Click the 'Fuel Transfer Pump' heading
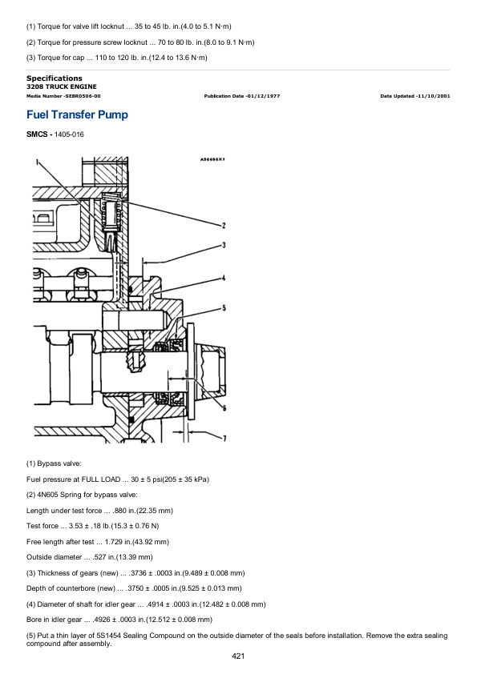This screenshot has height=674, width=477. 78,114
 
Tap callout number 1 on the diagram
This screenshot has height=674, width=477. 38,162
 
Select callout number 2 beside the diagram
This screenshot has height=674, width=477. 224,225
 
